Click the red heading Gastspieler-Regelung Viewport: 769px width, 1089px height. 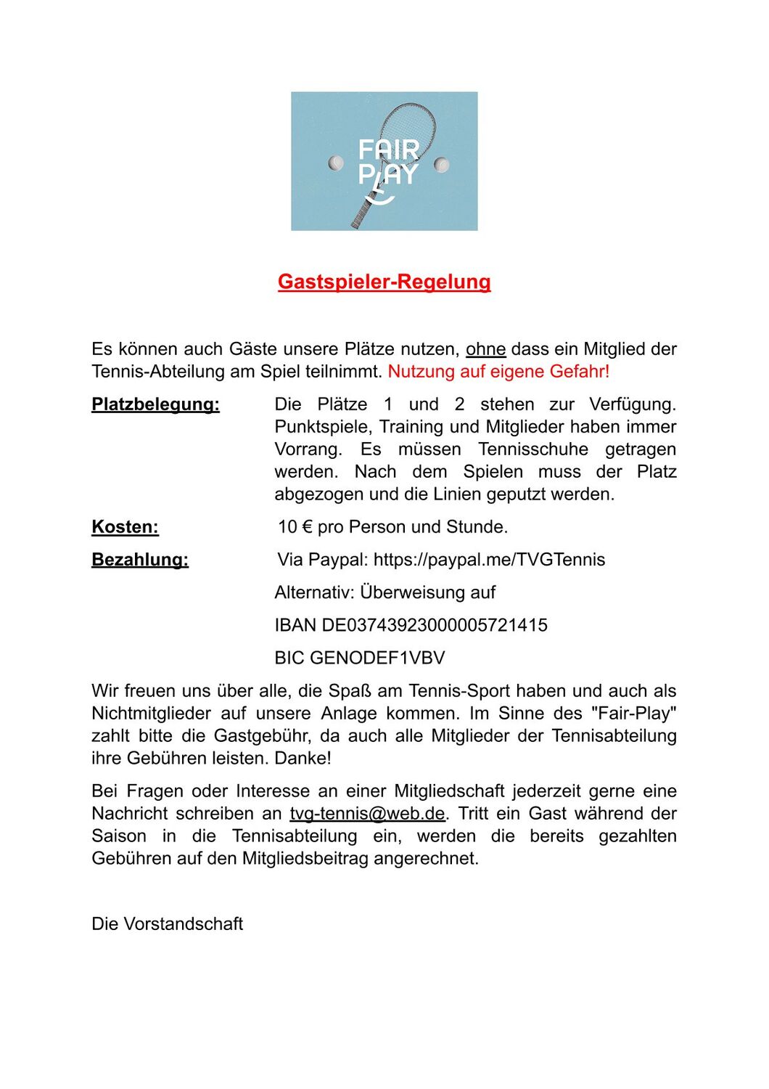384,282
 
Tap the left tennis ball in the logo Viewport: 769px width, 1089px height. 336,163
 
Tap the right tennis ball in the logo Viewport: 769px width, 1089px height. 441,165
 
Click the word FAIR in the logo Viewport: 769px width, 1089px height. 389,150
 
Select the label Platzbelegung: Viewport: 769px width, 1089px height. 155,404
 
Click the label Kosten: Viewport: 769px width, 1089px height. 125,527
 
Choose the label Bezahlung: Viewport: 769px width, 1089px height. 140,560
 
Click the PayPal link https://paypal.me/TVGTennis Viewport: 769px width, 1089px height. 489,560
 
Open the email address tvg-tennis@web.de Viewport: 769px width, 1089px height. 367,813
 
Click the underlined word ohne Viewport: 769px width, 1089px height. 485,349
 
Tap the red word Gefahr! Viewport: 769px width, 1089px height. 580,372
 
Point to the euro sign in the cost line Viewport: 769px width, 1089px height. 306,527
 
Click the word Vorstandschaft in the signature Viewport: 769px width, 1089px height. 183,923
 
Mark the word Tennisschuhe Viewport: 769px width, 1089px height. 533,449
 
